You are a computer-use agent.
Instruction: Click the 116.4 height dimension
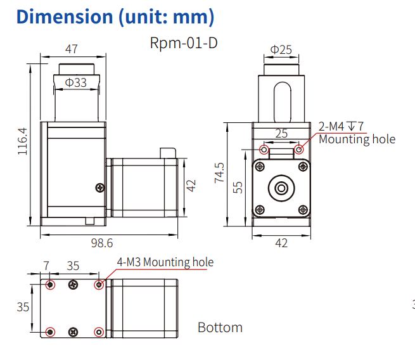23,141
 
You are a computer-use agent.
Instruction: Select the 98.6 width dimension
102,243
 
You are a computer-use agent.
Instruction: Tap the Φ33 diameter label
76,82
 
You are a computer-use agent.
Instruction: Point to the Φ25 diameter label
281,50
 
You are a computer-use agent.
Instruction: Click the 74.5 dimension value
219,172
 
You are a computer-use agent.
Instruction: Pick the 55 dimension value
238,188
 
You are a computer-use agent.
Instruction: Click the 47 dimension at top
72,49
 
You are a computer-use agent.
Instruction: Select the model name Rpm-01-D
184,43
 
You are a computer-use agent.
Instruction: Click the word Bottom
220,328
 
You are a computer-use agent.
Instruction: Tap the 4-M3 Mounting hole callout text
165,262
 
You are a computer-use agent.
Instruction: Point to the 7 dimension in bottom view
46,266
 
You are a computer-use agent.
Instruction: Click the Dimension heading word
65,16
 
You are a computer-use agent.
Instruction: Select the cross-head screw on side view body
100,188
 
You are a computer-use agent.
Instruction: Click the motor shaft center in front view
281,188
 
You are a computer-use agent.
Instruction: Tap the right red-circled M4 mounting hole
299,150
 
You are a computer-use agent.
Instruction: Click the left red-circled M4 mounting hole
264,150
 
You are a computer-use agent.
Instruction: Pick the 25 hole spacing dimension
281,133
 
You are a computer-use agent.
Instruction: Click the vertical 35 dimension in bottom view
23,307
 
